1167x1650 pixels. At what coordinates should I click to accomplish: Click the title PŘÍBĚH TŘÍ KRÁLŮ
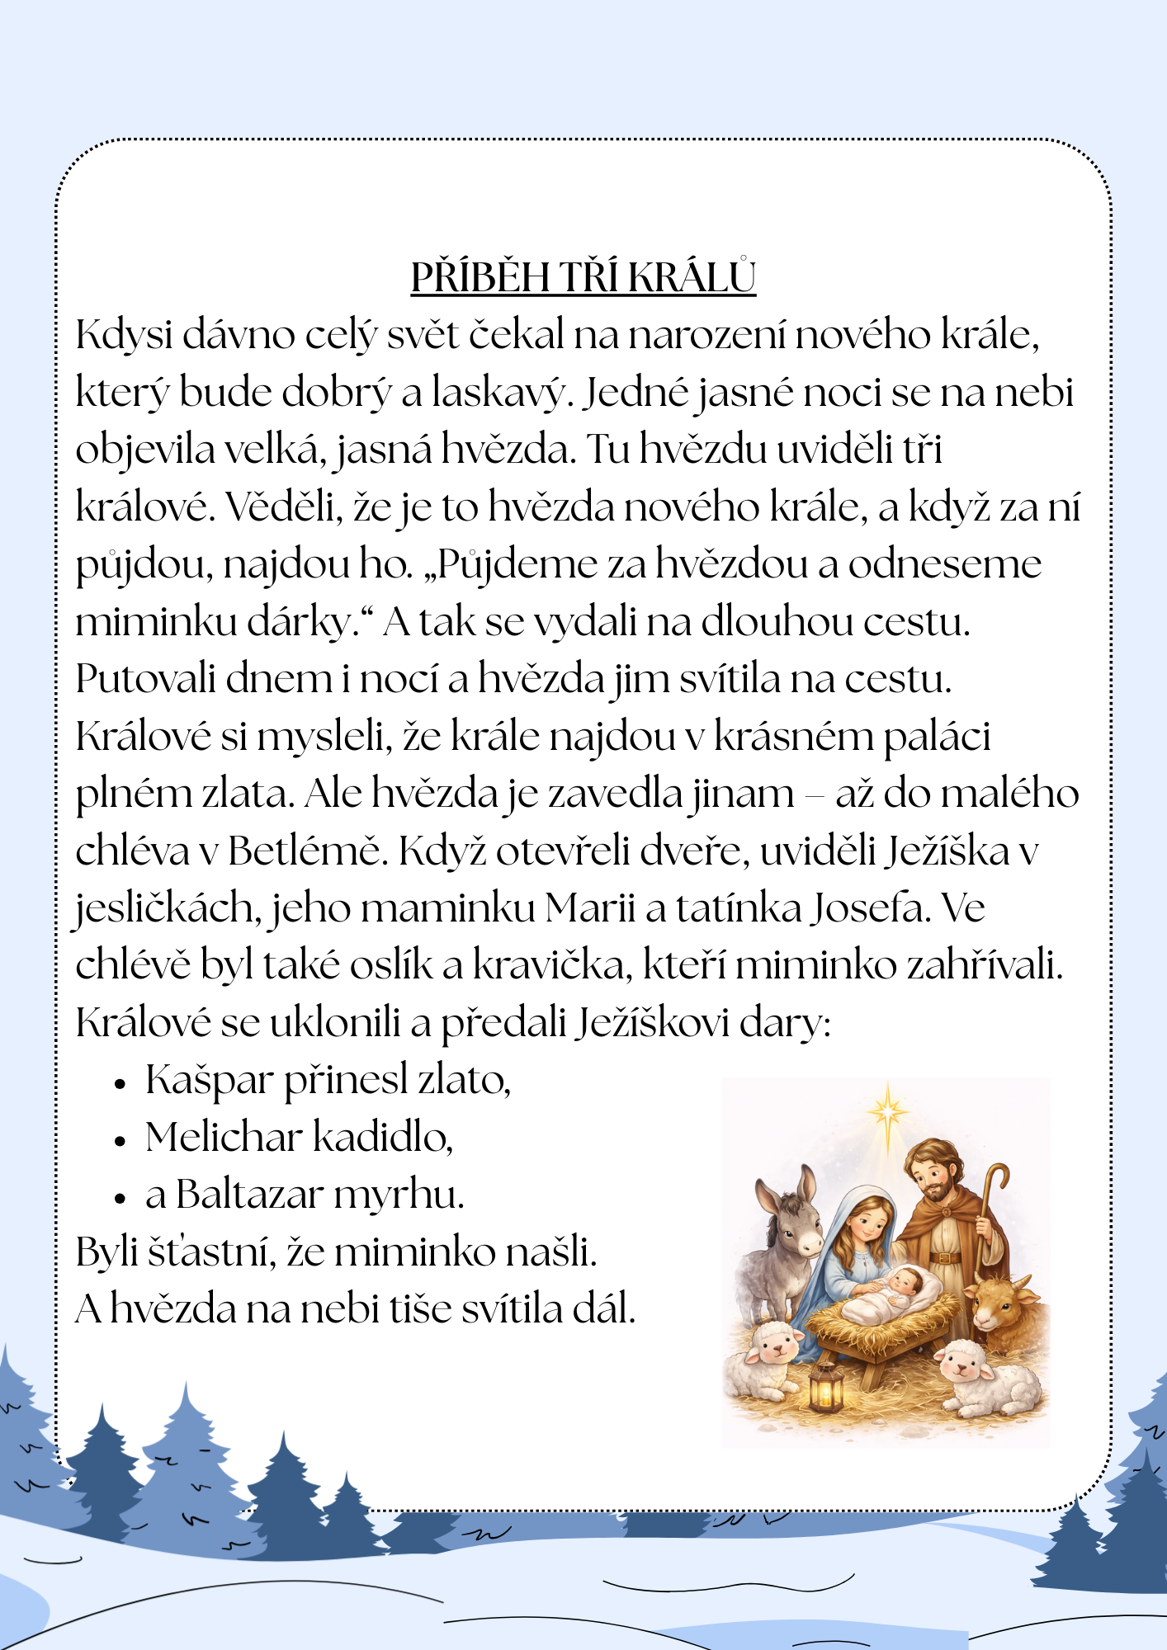click(x=583, y=278)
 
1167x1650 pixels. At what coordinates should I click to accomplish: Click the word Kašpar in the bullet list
click(x=209, y=1081)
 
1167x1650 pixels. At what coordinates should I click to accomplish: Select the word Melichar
click(x=224, y=1137)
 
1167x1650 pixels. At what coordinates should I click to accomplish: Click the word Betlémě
click(x=307, y=851)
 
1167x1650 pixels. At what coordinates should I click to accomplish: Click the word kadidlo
click(x=383, y=1137)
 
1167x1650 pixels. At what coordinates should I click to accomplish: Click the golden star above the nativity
click(x=887, y=1112)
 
